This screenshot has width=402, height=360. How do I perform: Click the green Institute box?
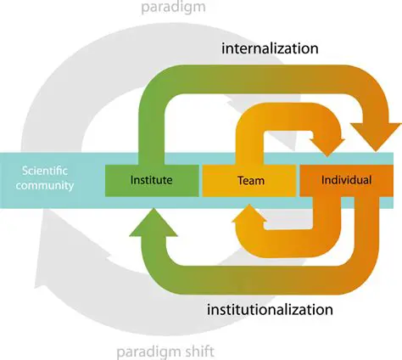151,180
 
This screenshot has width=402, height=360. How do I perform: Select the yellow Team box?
249,180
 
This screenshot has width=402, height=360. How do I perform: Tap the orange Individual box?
348,180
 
